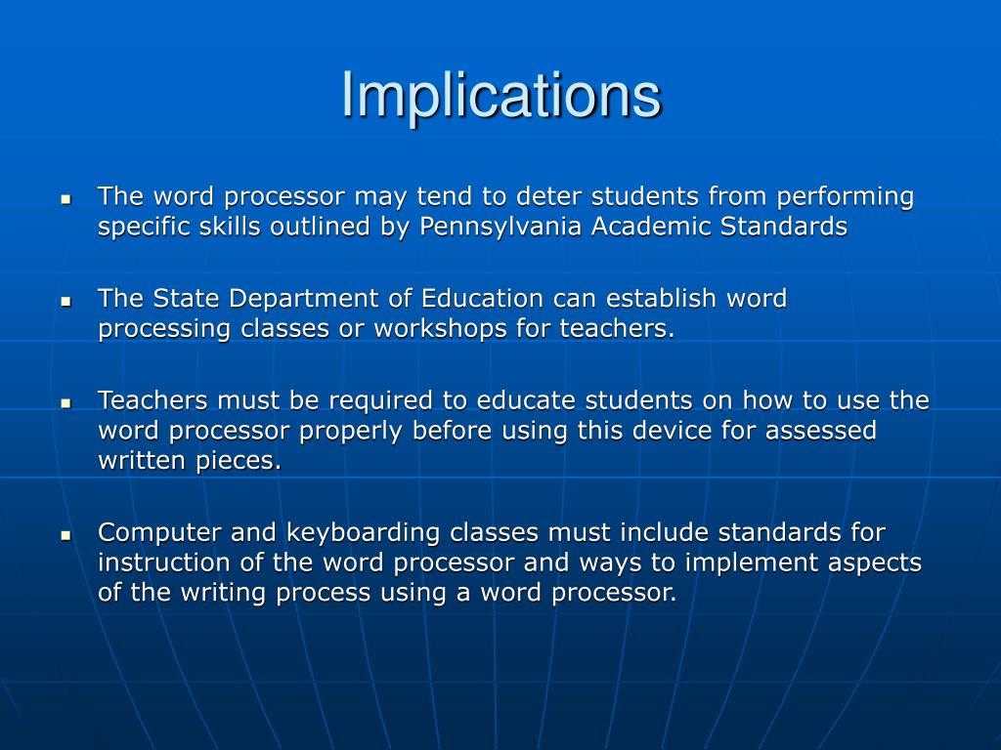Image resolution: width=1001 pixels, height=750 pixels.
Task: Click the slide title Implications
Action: [x=500, y=96]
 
